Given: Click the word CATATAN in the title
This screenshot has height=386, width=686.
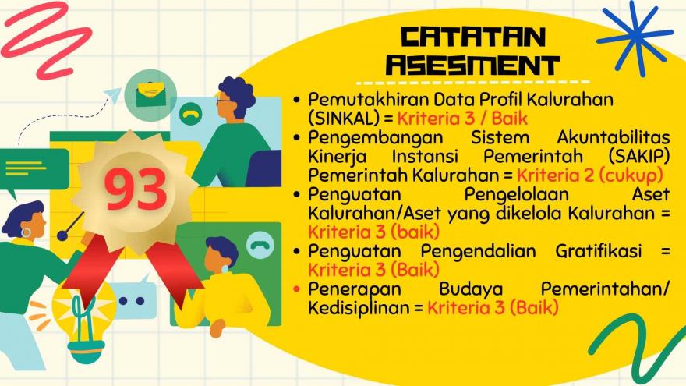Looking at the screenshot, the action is coord(473,37).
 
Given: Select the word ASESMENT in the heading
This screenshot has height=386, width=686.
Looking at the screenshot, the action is coord(472,66).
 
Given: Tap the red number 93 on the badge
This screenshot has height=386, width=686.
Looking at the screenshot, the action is coord(136,189).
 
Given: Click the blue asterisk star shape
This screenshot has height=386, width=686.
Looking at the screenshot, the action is coord(635,37).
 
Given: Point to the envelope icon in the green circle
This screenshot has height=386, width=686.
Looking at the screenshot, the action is coord(150,95).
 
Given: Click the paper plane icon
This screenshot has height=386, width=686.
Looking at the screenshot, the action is coord(113,95).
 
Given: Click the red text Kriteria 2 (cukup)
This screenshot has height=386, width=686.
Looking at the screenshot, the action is coord(590,175).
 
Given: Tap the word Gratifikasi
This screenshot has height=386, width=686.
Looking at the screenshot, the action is coord(599,251).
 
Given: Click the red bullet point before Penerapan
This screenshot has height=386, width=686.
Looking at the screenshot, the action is coord(297,289).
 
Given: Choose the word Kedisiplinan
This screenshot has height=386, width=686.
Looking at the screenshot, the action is coord(359,308).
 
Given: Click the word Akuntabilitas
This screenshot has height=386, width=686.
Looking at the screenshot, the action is coord(614,137).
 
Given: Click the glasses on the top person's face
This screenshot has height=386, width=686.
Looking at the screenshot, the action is coord(224,101).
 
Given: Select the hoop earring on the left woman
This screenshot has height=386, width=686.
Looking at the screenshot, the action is coord(27,232).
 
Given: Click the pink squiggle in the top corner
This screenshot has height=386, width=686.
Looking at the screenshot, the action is coord(44,40).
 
